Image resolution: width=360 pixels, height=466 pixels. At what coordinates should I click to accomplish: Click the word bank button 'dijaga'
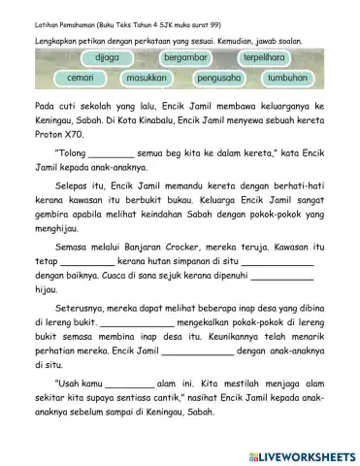coord(98,58)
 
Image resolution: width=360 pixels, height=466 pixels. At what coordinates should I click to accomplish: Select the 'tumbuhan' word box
coord(287,77)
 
